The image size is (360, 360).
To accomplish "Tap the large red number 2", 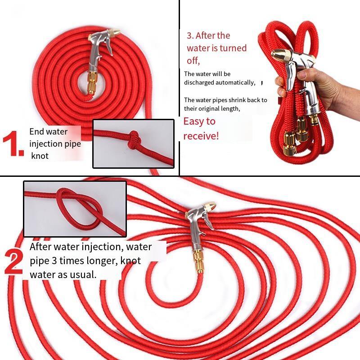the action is tap(14, 262).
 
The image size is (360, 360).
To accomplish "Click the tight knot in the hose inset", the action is tap(133, 139).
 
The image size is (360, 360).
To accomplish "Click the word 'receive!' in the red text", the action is tap(201, 136).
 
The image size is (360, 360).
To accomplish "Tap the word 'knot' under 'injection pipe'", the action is tap(40, 156).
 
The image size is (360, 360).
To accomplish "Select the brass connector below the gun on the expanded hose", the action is tap(198, 262).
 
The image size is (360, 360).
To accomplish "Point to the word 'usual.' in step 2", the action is tap(83, 274).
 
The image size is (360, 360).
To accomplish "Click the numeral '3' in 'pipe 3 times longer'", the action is tap(54, 261).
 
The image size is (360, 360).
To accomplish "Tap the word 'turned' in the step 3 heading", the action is tap(233, 48).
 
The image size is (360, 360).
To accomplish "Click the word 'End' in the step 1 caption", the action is tap(36, 131).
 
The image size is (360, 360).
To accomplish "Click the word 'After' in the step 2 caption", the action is tap(40, 247).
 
